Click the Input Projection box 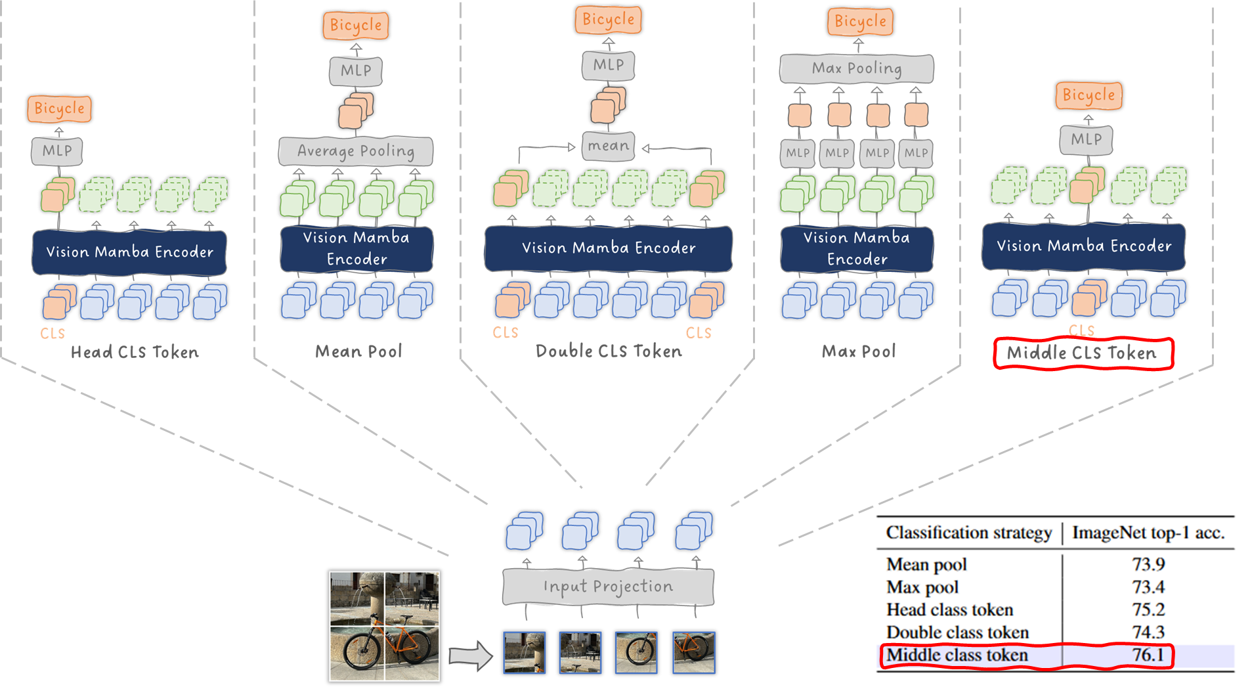[x=608, y=587]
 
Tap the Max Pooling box [x=857, y=68]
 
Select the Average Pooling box [x=356, y=151]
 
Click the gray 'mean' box [x=608, y=146]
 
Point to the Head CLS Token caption [x=135, y=353]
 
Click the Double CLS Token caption [x=609, y=351]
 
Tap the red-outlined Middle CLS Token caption [x=1083, y=353]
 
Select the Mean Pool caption [x=358, y=351]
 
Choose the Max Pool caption [x=859, y=351]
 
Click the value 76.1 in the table [x=1148, y=655]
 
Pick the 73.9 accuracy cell [x=1148, y=564]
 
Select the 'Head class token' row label [x=949, y=610]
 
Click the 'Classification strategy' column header [x=968, y=533]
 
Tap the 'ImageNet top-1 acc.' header [x=1148, y=533]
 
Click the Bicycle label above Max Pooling [x=860, y=22]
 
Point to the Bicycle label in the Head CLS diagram [x=59, y=108]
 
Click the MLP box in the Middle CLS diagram [x=1087, y=139]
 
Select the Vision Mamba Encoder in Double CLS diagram [x=608, y=248]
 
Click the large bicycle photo [x=384, y=625]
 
